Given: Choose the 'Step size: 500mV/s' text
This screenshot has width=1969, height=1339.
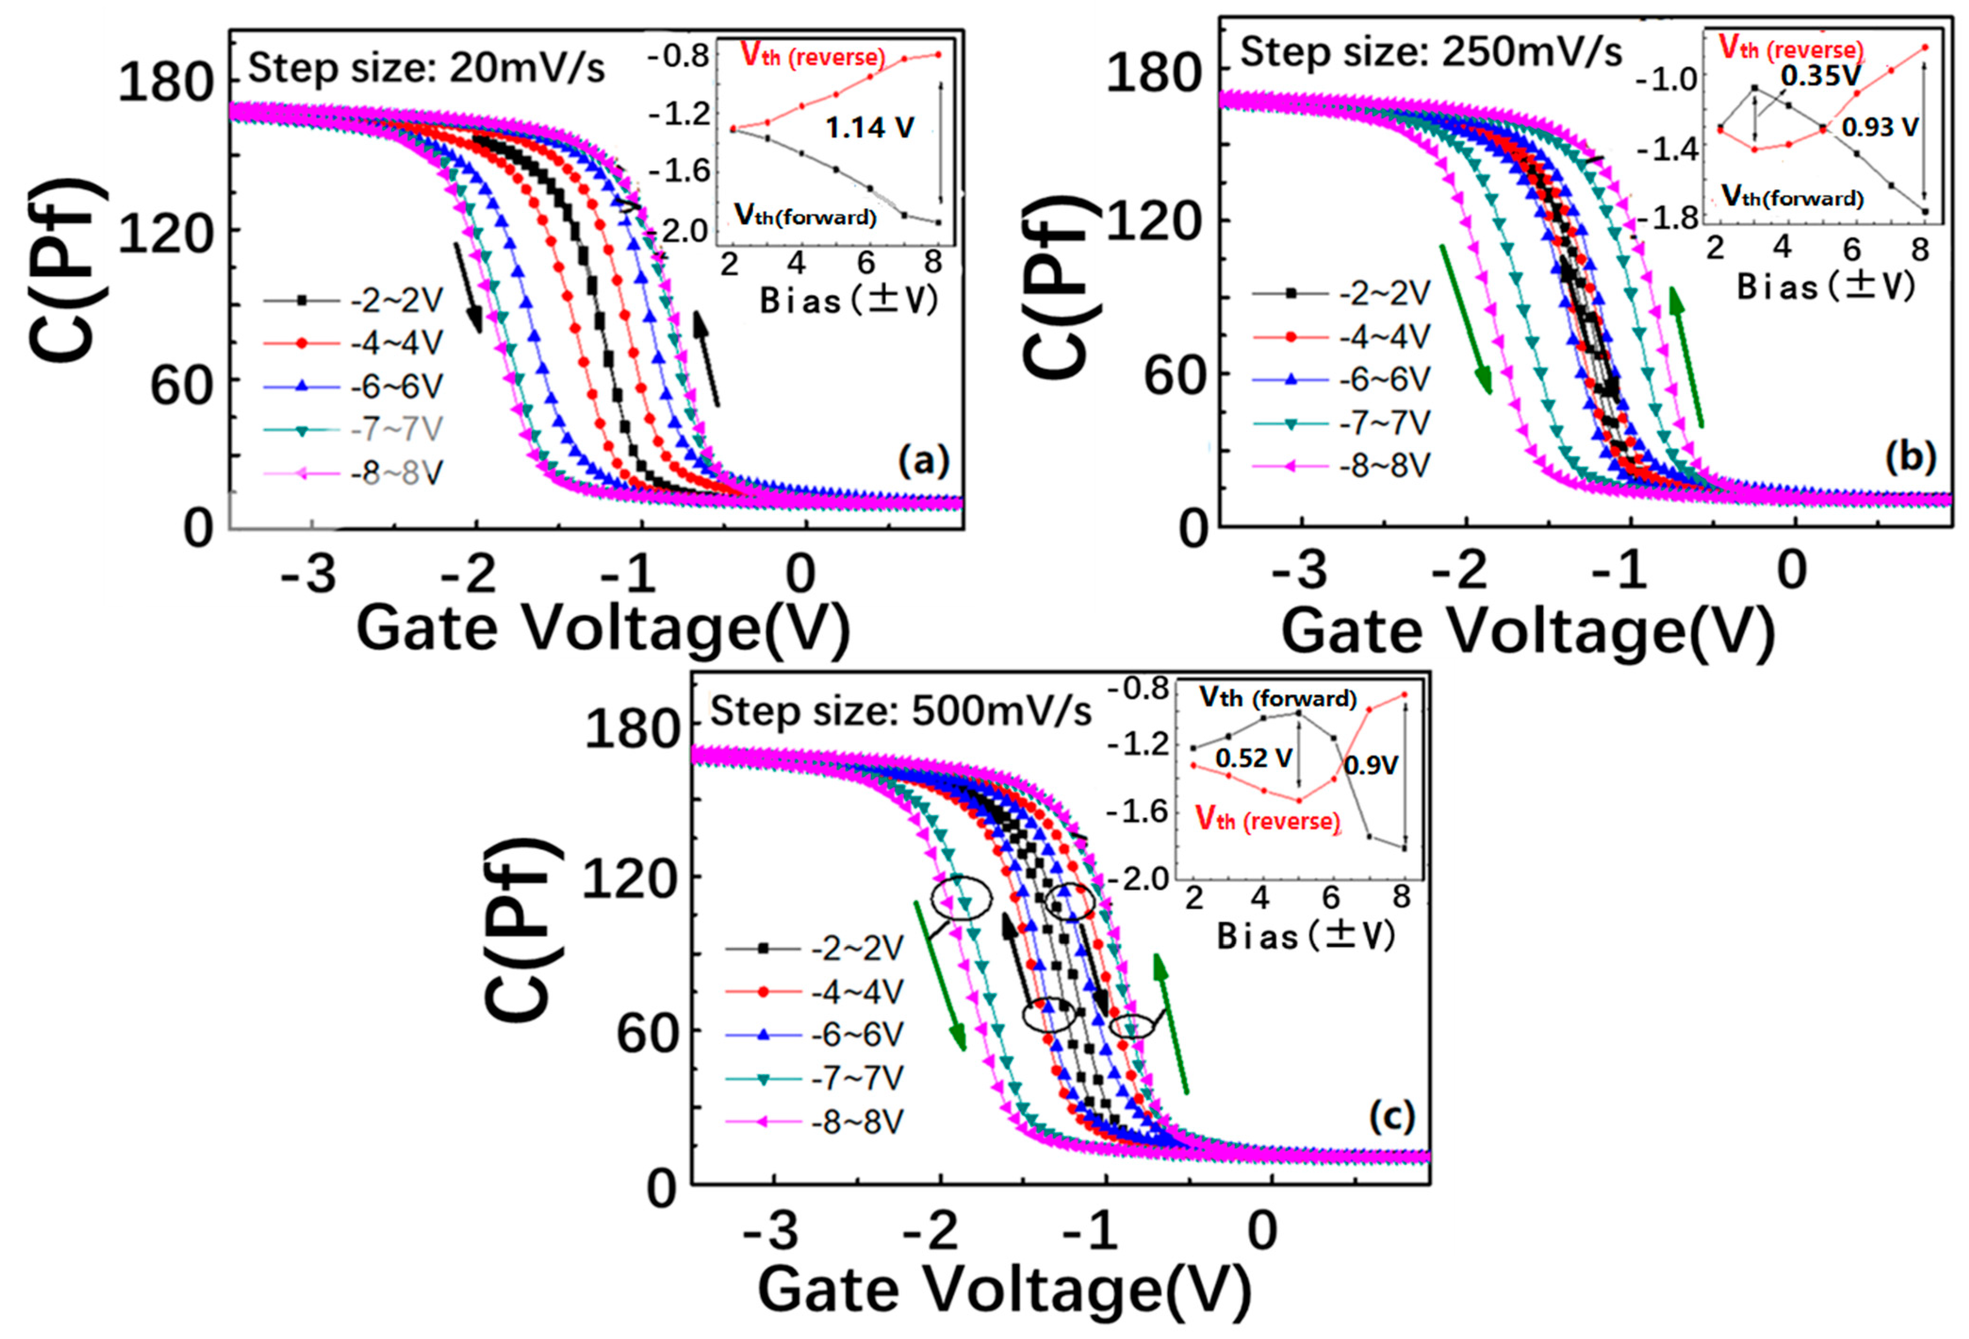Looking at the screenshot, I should [900, 712].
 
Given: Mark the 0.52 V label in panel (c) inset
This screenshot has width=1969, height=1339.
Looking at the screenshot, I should [1254, 757].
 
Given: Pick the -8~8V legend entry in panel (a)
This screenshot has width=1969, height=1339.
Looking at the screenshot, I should [396, 473].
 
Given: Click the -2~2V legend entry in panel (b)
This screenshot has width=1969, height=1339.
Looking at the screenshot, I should [1383, 293].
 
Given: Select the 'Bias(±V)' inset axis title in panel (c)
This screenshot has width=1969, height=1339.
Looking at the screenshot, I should [1306, 937].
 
